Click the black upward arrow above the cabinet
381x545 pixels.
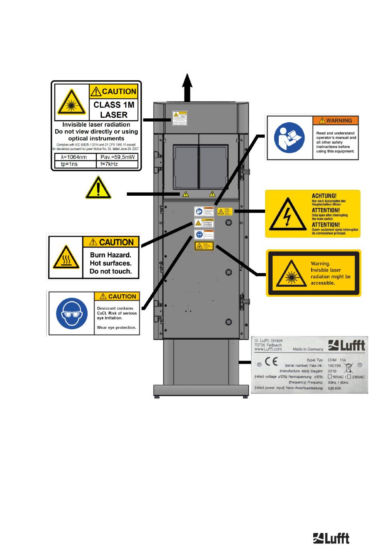(187, 87)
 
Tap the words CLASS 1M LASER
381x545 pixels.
(113, 109)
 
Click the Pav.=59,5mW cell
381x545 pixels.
(118, 157)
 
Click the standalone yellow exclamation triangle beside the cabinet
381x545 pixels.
(98, 188)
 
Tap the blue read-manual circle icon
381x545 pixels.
(289, 138)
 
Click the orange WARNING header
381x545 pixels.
(335, 120)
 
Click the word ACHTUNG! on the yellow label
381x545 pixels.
(324, 196)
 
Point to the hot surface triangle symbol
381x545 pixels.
(66, 257)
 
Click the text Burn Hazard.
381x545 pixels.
(110, 255)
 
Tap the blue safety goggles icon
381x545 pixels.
(72, 313)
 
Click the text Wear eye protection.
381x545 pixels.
(116, 328)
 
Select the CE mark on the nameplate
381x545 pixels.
(271, 362)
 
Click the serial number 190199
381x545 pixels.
(334, 365)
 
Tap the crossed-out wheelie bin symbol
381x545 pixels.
(349, 368)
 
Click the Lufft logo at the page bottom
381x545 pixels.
(331, 538)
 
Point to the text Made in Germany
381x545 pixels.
(308, 349)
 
